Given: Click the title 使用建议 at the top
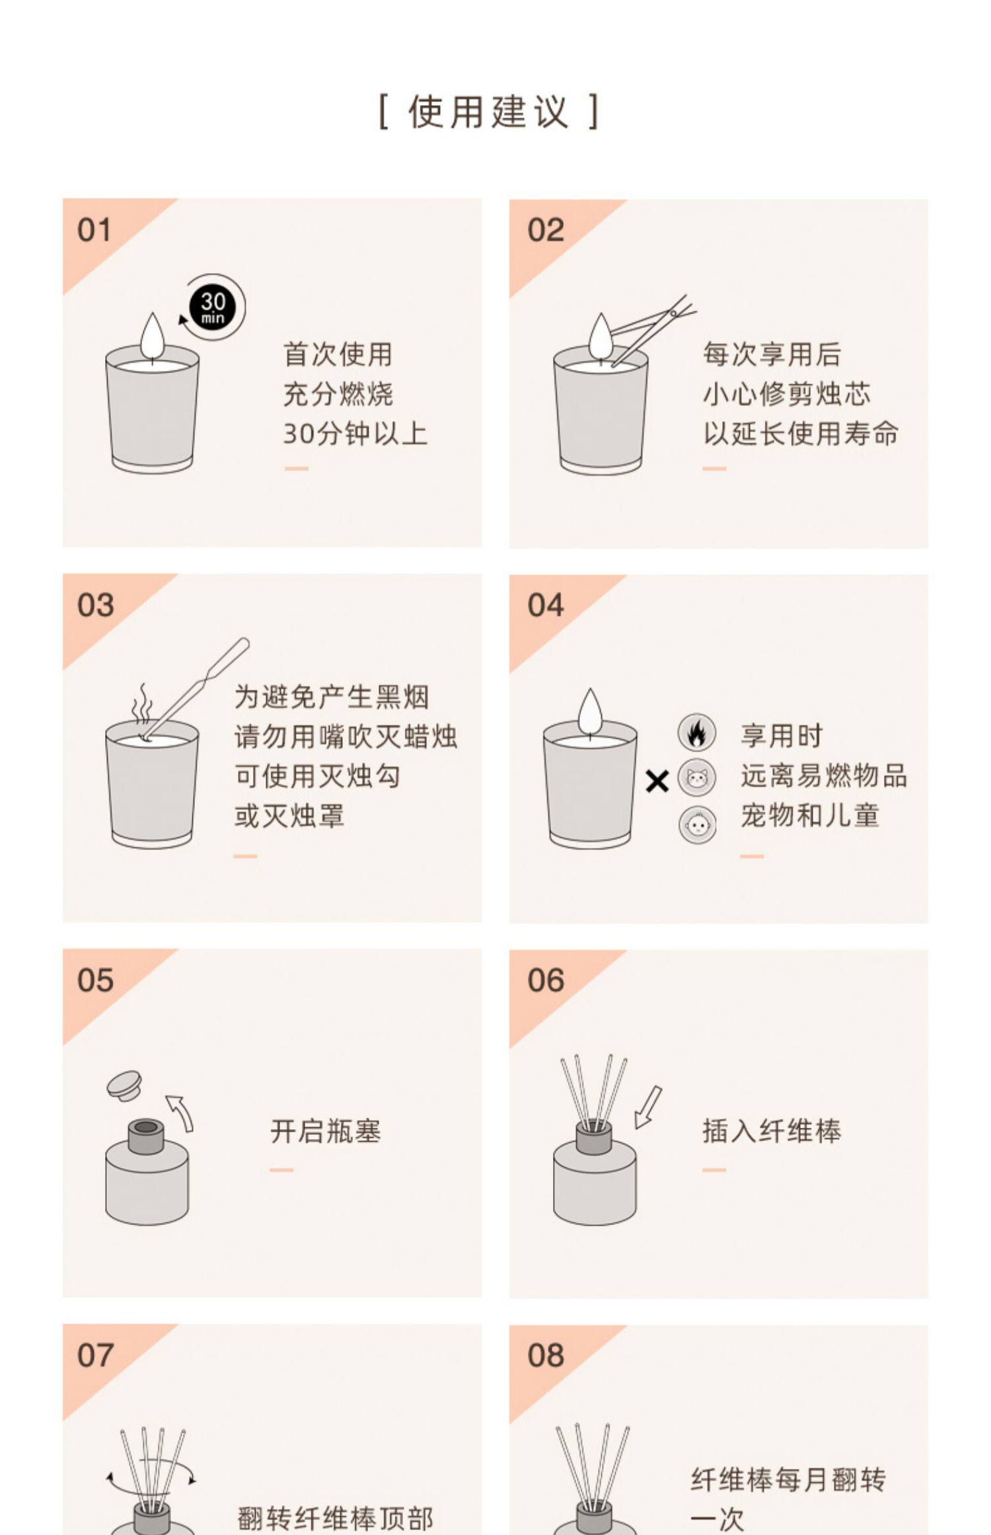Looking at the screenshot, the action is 489,111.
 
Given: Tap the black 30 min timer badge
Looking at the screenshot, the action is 213,308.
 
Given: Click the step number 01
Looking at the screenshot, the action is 94,230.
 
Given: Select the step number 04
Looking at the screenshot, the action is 546,605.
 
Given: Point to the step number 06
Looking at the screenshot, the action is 546,980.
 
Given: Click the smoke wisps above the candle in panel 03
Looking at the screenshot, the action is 141,705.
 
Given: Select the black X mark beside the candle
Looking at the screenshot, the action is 657,782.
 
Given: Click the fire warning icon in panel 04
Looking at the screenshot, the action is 696,732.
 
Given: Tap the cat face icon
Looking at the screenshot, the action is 696,777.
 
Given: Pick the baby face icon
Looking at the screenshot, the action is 696,824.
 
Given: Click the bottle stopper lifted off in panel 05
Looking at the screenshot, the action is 124,1085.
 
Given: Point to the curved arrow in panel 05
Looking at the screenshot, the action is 181,1113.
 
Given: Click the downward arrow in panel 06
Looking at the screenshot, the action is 647,1107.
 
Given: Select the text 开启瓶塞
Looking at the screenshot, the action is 326,1131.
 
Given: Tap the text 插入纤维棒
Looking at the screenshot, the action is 772,1131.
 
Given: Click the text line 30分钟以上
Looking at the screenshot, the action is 355,434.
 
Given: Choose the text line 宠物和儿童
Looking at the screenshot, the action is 810,816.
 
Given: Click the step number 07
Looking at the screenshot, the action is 94,1356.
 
